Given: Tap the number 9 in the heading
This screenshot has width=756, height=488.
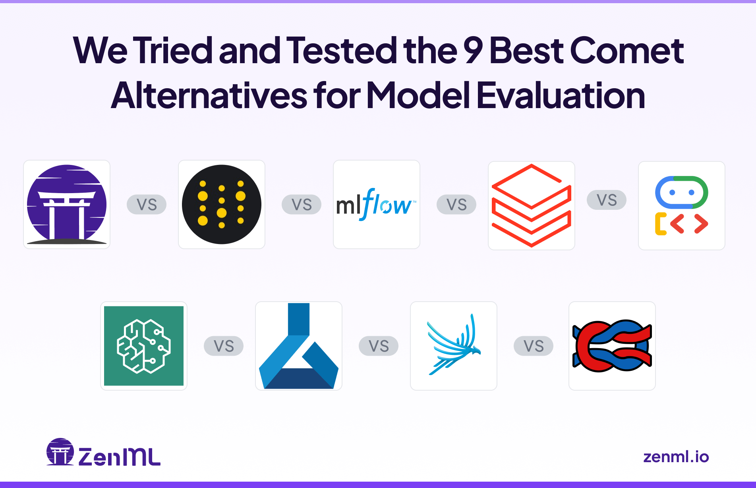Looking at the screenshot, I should (x=473, y=50).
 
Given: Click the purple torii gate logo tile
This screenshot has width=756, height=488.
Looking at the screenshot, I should (x=67, y=204).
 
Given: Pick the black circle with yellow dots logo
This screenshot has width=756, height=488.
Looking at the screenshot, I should (x=222, y=204).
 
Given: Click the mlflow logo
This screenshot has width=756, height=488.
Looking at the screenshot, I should (x=376, y=204).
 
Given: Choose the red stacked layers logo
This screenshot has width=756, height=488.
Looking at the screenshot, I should (x=531, y=205).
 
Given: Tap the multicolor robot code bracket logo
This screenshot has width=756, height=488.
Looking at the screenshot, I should (x=681, y=205).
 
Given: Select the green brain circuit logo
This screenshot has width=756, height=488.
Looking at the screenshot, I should (x=144, y=346).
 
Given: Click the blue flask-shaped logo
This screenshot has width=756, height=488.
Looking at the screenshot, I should (x=298, y=346).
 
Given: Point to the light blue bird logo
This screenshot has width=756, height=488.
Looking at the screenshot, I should (x=453, y=346).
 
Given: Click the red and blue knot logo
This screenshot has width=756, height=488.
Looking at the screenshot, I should (x=612, y=346).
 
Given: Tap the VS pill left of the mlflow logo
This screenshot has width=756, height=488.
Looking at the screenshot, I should (x=302, y=205).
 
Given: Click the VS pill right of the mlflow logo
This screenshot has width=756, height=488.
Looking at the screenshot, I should (x=456, y=205).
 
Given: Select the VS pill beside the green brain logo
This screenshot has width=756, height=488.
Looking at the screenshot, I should (x=224, y=346).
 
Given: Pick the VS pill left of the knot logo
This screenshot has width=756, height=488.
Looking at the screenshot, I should (x=534, y=346).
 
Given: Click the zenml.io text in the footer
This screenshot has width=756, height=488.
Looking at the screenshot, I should (x=676, y=457).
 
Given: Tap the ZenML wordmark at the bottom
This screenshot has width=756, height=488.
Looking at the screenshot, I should (x=119, y=457).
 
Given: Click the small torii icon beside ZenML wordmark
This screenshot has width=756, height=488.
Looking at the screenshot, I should (x=60, y=452).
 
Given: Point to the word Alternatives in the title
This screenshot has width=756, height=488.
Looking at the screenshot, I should (x=209, y=95).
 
